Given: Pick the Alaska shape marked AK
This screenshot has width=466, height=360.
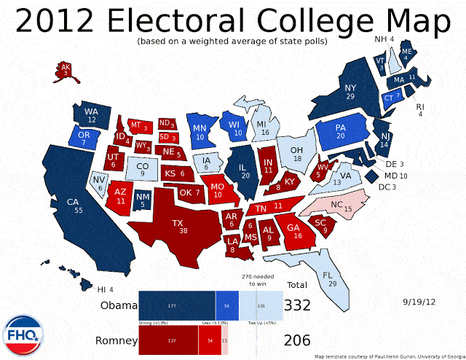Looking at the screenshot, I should (x=66, y=70).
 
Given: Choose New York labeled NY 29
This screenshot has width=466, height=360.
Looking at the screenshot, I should (x=350, y=92).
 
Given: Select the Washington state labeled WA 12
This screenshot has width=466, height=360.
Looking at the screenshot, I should (x=91, y=115).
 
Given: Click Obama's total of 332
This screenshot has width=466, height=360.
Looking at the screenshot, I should (x=298, y=305).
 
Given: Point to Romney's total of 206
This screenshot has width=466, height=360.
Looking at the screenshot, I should (x=298, y=340).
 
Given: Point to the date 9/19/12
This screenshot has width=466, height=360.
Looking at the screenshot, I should (x=419, y=300).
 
